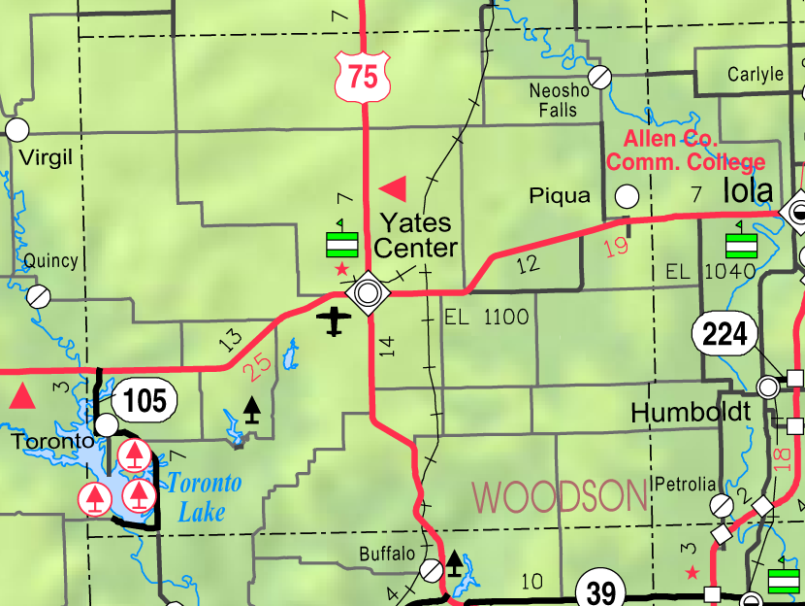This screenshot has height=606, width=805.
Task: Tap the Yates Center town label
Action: [x=415, y=235]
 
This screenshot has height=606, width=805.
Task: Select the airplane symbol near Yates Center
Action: [x=335, y=320]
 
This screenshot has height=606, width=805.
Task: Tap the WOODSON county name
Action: [x=560, y=496]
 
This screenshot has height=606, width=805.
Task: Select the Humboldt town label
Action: [x=691, y=412]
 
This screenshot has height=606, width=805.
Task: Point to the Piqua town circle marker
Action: [x=628, y=196]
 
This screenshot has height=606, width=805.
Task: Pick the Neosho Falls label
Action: [x=559, y=100]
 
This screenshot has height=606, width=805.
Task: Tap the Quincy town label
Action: [x=50, y=260]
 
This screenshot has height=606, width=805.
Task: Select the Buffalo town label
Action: [x=387, y=555]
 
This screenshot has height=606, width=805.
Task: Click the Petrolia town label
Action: [x=686, y=484]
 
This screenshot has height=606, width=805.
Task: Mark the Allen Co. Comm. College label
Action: [x=685, y=151]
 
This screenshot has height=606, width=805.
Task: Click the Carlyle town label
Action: [x=755, y=75]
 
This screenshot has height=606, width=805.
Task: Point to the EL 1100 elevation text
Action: [x=486, y=317]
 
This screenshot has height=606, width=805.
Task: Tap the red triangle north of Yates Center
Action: [x=394, y=186]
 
